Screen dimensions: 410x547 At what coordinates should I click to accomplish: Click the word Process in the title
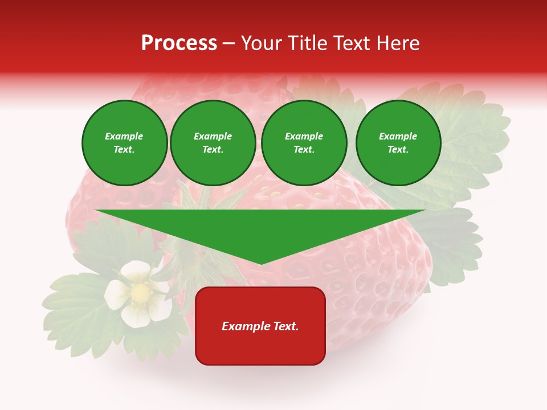tap(179, 43)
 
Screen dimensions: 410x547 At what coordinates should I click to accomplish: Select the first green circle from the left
tap(124, 143)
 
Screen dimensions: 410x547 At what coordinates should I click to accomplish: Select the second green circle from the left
tap(213, 143)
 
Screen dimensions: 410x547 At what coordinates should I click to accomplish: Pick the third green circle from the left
tap(304, 143)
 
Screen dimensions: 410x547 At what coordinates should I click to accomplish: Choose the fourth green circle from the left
tap(398, 143)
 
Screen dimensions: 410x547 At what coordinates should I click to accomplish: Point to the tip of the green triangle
tap(261, 263)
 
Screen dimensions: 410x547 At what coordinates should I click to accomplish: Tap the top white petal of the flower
tap(136, 269)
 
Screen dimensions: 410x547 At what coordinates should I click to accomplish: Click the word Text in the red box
tap(286, 326)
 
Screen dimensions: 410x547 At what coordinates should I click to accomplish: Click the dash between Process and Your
tap(228, 44)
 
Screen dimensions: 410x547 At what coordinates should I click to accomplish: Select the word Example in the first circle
tap(124, 136)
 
